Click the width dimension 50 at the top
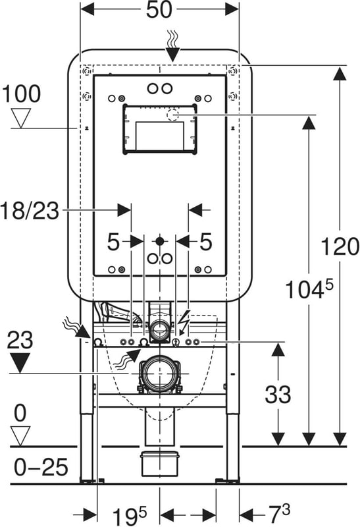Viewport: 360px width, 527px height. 159,9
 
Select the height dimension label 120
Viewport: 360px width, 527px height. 340,246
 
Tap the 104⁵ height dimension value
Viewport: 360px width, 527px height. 309,289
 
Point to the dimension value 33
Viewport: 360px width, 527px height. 278,394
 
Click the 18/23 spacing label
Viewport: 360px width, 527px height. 30,211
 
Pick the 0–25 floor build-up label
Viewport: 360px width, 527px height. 41,467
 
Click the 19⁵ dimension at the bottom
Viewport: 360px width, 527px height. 129,515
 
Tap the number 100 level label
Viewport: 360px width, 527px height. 22,94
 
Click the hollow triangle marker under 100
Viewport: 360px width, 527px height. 21,118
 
